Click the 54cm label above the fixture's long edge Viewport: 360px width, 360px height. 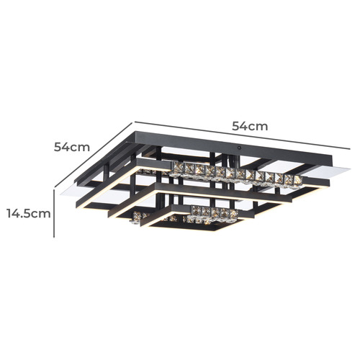click(x=250, y=126)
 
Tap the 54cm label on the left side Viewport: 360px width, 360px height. click(x=72, y=146)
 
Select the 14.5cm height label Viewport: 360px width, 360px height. click(x=28, y=213)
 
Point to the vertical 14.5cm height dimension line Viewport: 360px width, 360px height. click(x=55, y=213)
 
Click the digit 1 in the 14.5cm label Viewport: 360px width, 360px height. click(x=10, y=213)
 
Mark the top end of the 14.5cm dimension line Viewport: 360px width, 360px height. click(x=55, y=189)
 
